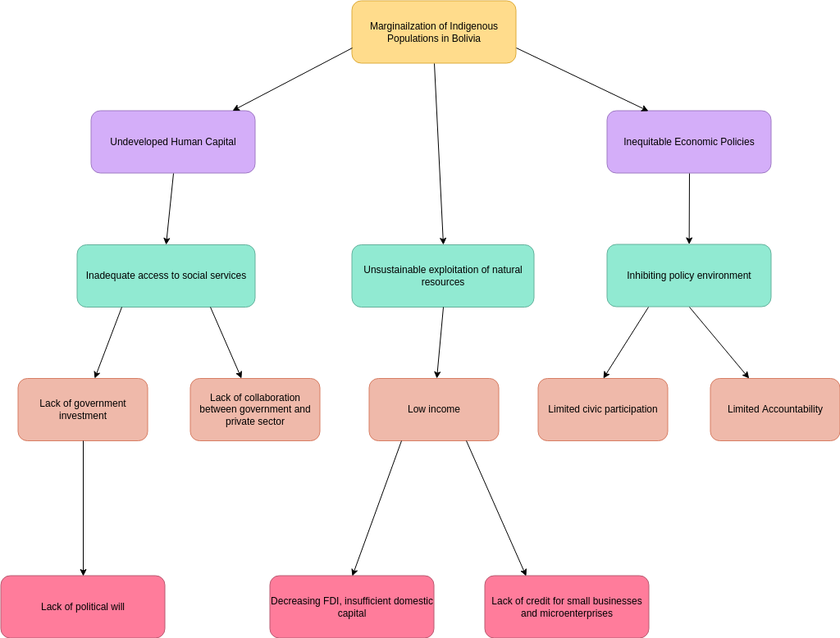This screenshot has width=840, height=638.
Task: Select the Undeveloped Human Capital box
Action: pyautogui.click(x=173, y=142)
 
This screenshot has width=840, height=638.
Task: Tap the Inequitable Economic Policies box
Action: pyautogui.click(x=688, y=142)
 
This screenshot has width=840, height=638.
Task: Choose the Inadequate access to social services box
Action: pyautogui.click(x=166, y=276)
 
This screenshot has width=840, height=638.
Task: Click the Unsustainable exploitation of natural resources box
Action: pyautogui.click(x=442, y=276)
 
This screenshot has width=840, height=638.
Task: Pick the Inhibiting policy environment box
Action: pyautogui.click(x=688, y=276)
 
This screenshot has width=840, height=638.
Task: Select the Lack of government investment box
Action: pyautogui.click(x=83, y=409)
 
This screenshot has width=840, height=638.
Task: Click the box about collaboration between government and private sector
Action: pyautogui.click(x=255, y=409)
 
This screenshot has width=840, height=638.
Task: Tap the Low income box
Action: pyautogui.click(x=433, y=409)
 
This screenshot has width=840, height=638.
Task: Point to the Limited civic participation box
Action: pyautogui.click(x=602, y=409)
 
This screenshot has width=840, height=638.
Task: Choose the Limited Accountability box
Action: pyautogui.click(x=774, y=409)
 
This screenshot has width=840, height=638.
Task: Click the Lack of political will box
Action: pyautogui.click(x=83, y=607)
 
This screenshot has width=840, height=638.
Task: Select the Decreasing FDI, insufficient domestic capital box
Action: pyautogui.click(x=351, y=607)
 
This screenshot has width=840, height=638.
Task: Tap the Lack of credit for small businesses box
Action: pyautogui.click(x=566, y=607)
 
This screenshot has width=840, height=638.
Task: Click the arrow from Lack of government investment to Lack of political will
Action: pyautogui.click(x=83, y=508)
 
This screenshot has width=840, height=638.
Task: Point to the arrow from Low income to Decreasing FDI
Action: pyautogui.click(x=377, y=508)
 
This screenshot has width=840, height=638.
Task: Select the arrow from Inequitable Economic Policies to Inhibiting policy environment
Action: pyautogui.click(x=689, y=209)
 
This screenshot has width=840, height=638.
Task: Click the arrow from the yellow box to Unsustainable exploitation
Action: pyautogui.click(x=439, y=156)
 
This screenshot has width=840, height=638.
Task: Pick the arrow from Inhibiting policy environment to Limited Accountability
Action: pyautogui.click(x=719, y=343)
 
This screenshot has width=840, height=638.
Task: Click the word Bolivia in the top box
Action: pyautogui.click(x=464, y=39)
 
